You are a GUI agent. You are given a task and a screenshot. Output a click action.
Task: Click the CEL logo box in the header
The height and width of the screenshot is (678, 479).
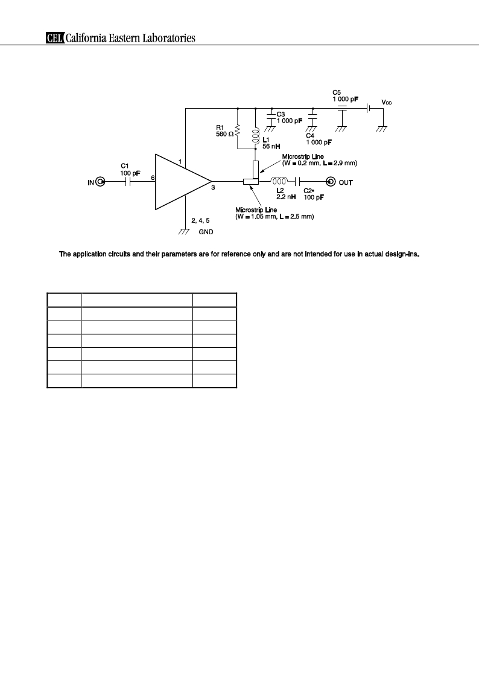point(56,38)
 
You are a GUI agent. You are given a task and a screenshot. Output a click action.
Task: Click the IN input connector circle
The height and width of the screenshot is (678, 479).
point(100,182)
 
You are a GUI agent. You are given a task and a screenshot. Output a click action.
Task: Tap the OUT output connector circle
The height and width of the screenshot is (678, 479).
point(331,182)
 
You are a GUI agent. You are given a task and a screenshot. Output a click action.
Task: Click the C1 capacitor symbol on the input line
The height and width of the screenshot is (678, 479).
point(127,182)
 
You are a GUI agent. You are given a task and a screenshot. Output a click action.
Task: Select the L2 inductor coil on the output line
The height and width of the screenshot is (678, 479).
point(279,181)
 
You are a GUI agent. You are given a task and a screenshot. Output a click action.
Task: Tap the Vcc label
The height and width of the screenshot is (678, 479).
point(387,103)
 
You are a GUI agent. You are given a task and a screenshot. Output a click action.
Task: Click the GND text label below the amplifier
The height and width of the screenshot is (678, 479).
point(206,232)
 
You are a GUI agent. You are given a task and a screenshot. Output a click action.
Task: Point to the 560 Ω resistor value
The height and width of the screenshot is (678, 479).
point(224,134)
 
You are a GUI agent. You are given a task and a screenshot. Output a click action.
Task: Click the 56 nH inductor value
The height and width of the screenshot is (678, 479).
point(271,147)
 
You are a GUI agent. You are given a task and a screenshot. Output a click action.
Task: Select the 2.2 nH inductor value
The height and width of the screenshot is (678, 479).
point(286,197)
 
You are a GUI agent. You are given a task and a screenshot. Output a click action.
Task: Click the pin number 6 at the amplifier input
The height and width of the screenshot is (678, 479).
point(153,177)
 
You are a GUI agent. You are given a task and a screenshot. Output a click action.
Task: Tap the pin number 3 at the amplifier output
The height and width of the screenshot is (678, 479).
point(213,188)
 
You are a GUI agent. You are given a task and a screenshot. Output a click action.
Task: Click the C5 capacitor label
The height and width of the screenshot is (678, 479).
point(337,92)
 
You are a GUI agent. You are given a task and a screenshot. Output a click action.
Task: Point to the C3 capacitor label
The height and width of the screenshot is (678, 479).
point(281,114)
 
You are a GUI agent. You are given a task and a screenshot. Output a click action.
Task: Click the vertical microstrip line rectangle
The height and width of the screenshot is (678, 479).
point(256,170)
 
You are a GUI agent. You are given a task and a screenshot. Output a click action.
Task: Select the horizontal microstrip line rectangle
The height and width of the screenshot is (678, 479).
point(251,182)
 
